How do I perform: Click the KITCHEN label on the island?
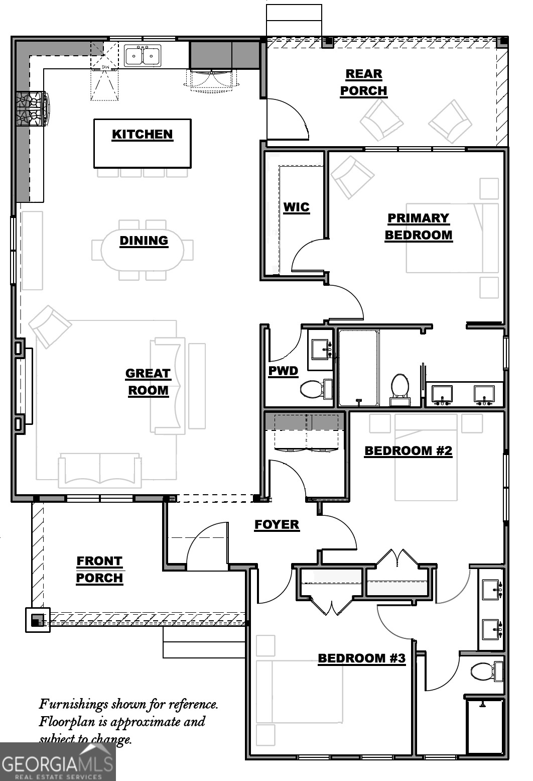[x=142, y=135]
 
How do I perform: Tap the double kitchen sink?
[x=143, y=56]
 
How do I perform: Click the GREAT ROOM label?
[x=148, y=382]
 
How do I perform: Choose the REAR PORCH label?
[x=364, y=82]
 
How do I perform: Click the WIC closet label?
[x=296, y=207]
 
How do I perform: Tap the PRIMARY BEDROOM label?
[x=418, y=227]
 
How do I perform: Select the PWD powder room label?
[x=283, y=371]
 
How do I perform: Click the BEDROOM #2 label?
[x=408, y=451]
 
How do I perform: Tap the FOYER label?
[x=277, y=525]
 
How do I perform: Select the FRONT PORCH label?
[x=99, y=570]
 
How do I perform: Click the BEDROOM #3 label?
[x=361, y=658]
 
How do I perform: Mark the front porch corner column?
[x=38, y=619]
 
